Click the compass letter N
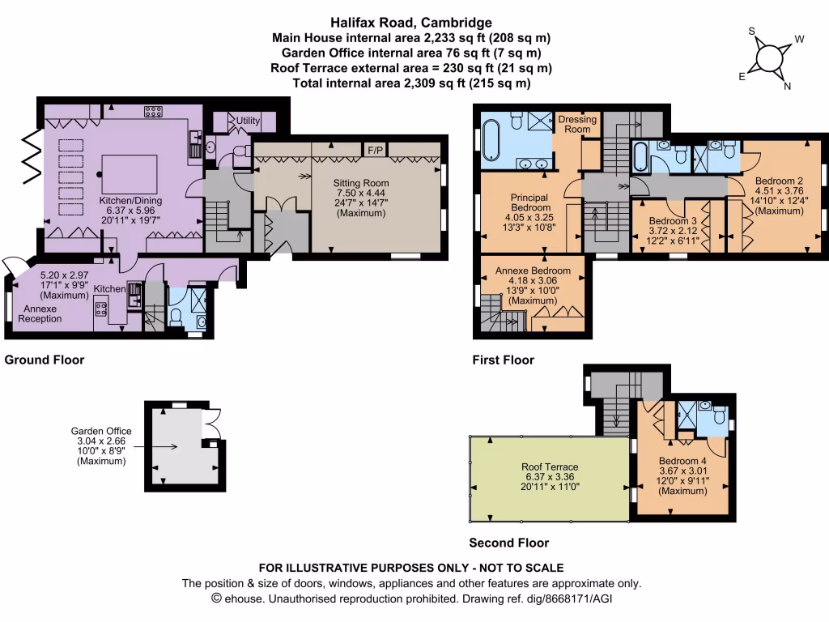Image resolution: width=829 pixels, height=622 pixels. click(787, 88)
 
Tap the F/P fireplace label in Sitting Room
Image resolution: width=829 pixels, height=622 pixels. click(374, 151)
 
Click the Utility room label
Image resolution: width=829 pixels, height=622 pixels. click(248, 121)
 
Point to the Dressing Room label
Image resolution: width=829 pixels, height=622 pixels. click(577, 124)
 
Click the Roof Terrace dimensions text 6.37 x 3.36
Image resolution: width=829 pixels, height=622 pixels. click(550, 477)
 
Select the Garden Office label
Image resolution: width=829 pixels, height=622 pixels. click(101, 432)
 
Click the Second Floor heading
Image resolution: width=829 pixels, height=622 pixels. click(509, 543)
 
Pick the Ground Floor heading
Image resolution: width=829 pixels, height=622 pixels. click(45, 360)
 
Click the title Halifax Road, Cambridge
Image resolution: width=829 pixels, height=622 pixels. click(413, 23)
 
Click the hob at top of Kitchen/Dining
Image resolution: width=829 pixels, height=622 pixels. click(153, 112)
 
